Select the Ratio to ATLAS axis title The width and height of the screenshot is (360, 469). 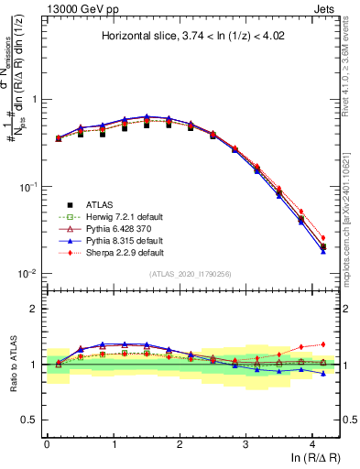tap(13, 364)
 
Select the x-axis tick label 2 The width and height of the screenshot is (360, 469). tap(180, 442)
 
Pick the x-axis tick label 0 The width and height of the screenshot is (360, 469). tap(47, 442)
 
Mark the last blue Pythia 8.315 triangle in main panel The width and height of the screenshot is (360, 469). tap(323, 251)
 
